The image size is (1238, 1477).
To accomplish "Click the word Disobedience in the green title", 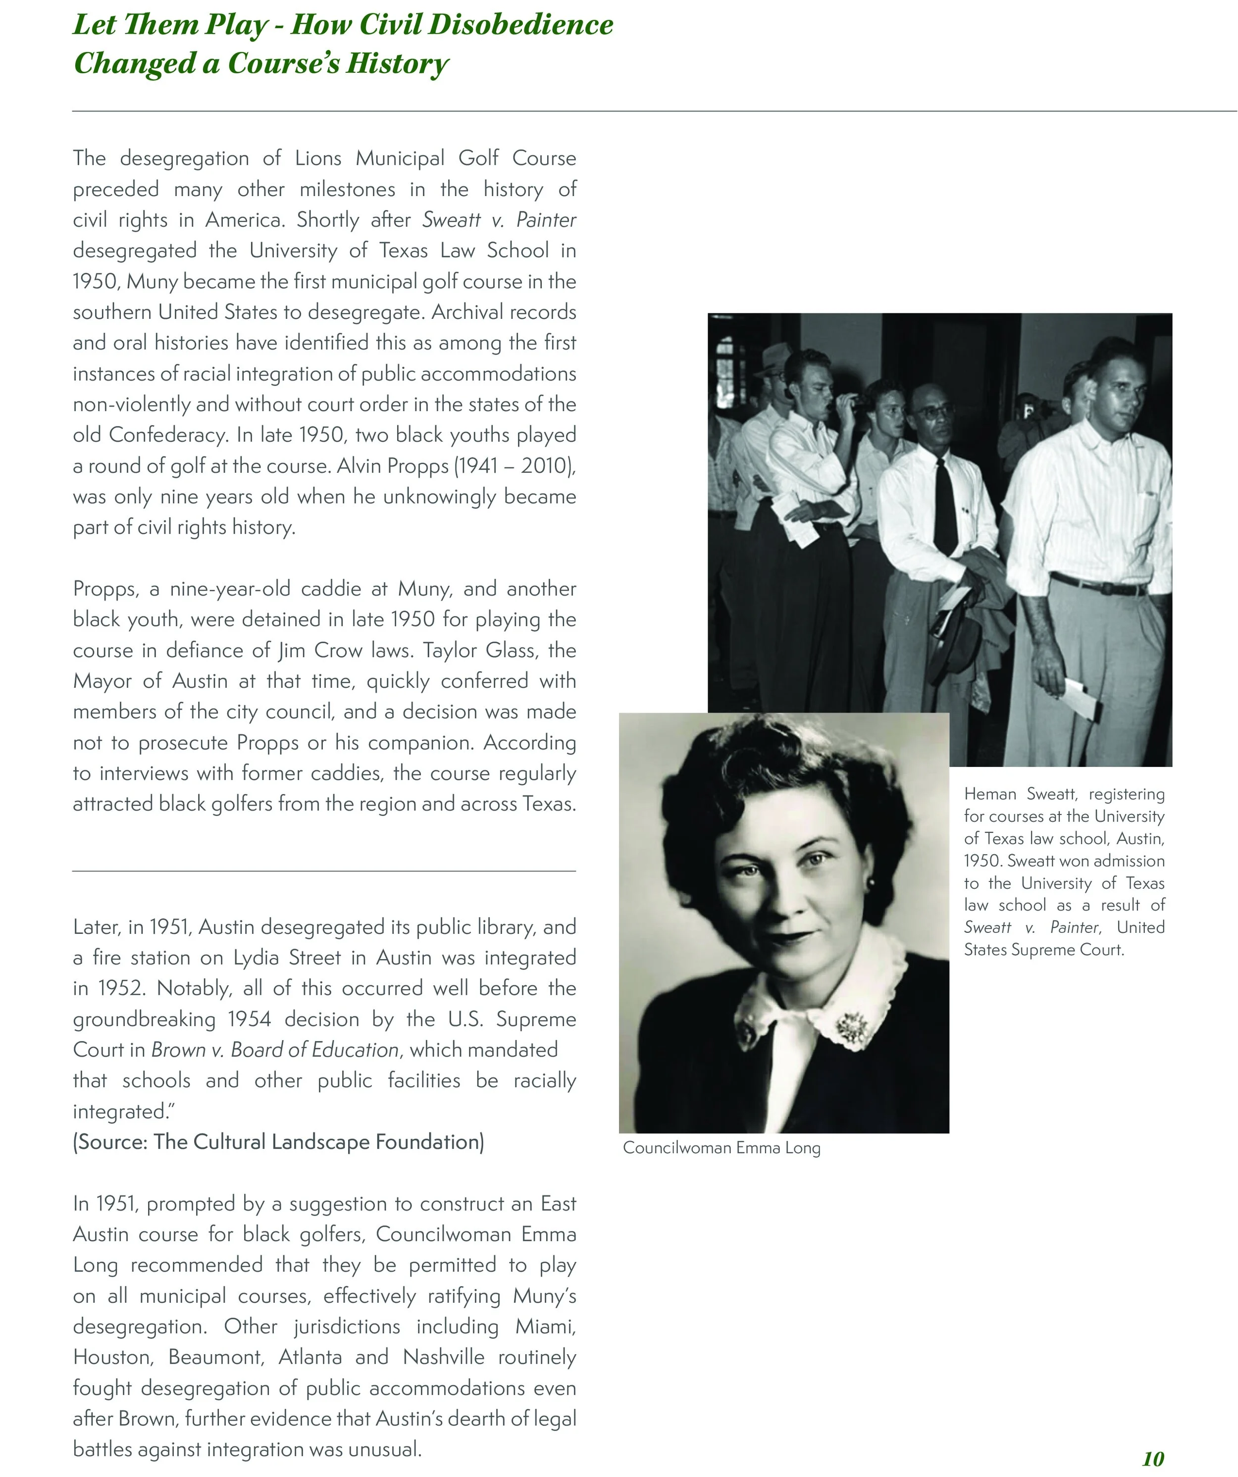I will [521, 25].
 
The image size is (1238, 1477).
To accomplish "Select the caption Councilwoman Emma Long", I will [721, 1148].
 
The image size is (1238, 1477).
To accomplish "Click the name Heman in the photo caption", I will [990, 794].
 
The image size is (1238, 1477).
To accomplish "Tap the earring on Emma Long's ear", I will [871, 881].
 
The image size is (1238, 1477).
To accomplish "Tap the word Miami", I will [545, 1326].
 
